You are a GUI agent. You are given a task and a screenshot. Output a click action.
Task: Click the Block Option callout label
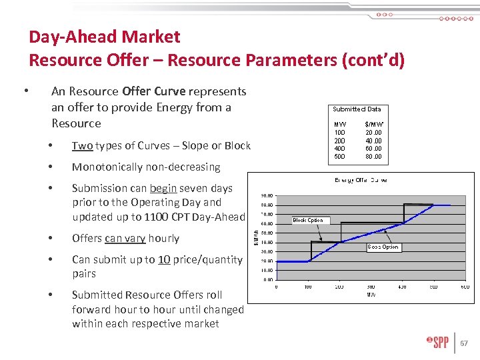308,220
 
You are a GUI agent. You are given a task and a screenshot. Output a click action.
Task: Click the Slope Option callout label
383,247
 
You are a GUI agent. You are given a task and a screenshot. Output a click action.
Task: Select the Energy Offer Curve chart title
360,180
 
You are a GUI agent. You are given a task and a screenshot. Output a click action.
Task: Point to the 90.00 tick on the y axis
267,195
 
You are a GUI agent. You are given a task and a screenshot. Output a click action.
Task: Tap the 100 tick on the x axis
308,287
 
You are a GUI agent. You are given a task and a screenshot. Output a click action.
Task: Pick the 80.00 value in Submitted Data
373,157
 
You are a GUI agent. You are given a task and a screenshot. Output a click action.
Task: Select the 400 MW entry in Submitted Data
340,149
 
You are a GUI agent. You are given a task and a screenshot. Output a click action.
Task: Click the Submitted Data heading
357,109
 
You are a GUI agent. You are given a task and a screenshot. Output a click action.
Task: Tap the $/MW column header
374,125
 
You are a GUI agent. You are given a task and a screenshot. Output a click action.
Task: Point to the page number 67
465,344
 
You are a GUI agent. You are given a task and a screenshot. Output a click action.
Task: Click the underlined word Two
82,145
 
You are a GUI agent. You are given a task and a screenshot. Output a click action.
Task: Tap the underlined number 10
164,259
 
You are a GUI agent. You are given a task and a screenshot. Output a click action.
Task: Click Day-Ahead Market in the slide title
105,37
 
